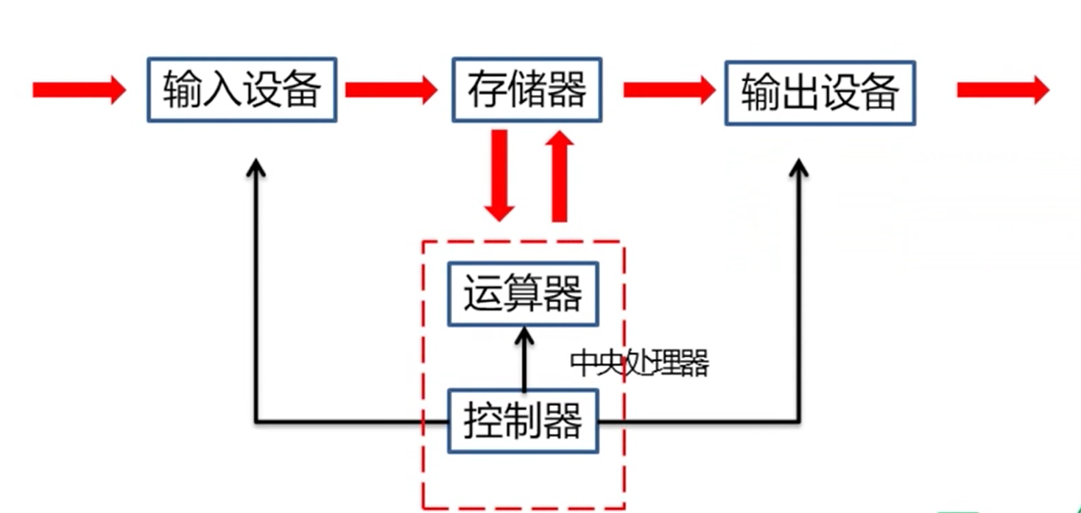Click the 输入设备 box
pos(242,90)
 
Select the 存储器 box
pos(527,90)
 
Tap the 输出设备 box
pos(820,93)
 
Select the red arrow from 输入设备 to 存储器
pos(391,90)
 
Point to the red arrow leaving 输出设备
pos(1002,90)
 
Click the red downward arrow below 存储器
pos(499,175)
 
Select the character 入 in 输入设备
pos(222,90)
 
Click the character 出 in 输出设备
pos(800,93)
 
